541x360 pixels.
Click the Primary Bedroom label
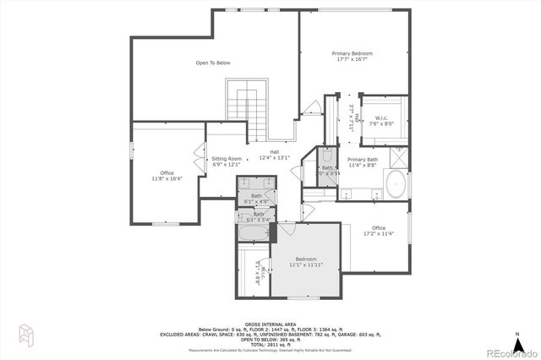coord(353,56)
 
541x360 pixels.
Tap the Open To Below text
coord(213,63)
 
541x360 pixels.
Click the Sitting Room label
coord(227,161)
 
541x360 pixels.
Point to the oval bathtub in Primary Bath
coord(396,183)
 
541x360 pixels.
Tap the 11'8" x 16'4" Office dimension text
coord(167,179)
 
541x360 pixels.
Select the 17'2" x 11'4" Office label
coord(379,230)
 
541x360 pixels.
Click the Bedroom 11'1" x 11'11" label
coord(305,261)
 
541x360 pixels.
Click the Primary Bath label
coord(362,161)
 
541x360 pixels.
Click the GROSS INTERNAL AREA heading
coord(270,324)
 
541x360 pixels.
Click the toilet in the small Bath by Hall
coord(328,155)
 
